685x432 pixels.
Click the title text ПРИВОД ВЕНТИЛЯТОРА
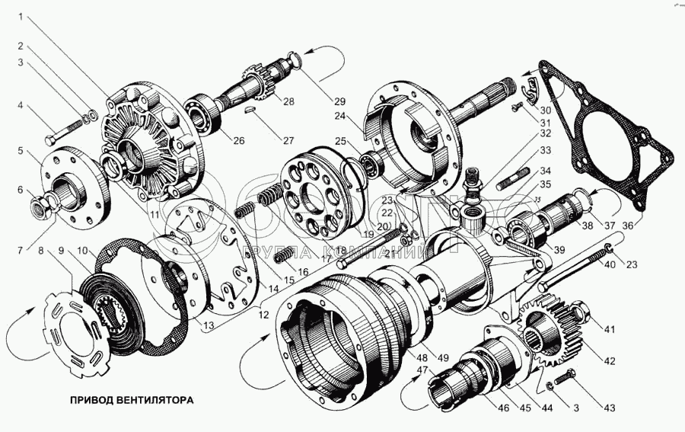click(132, 399)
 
